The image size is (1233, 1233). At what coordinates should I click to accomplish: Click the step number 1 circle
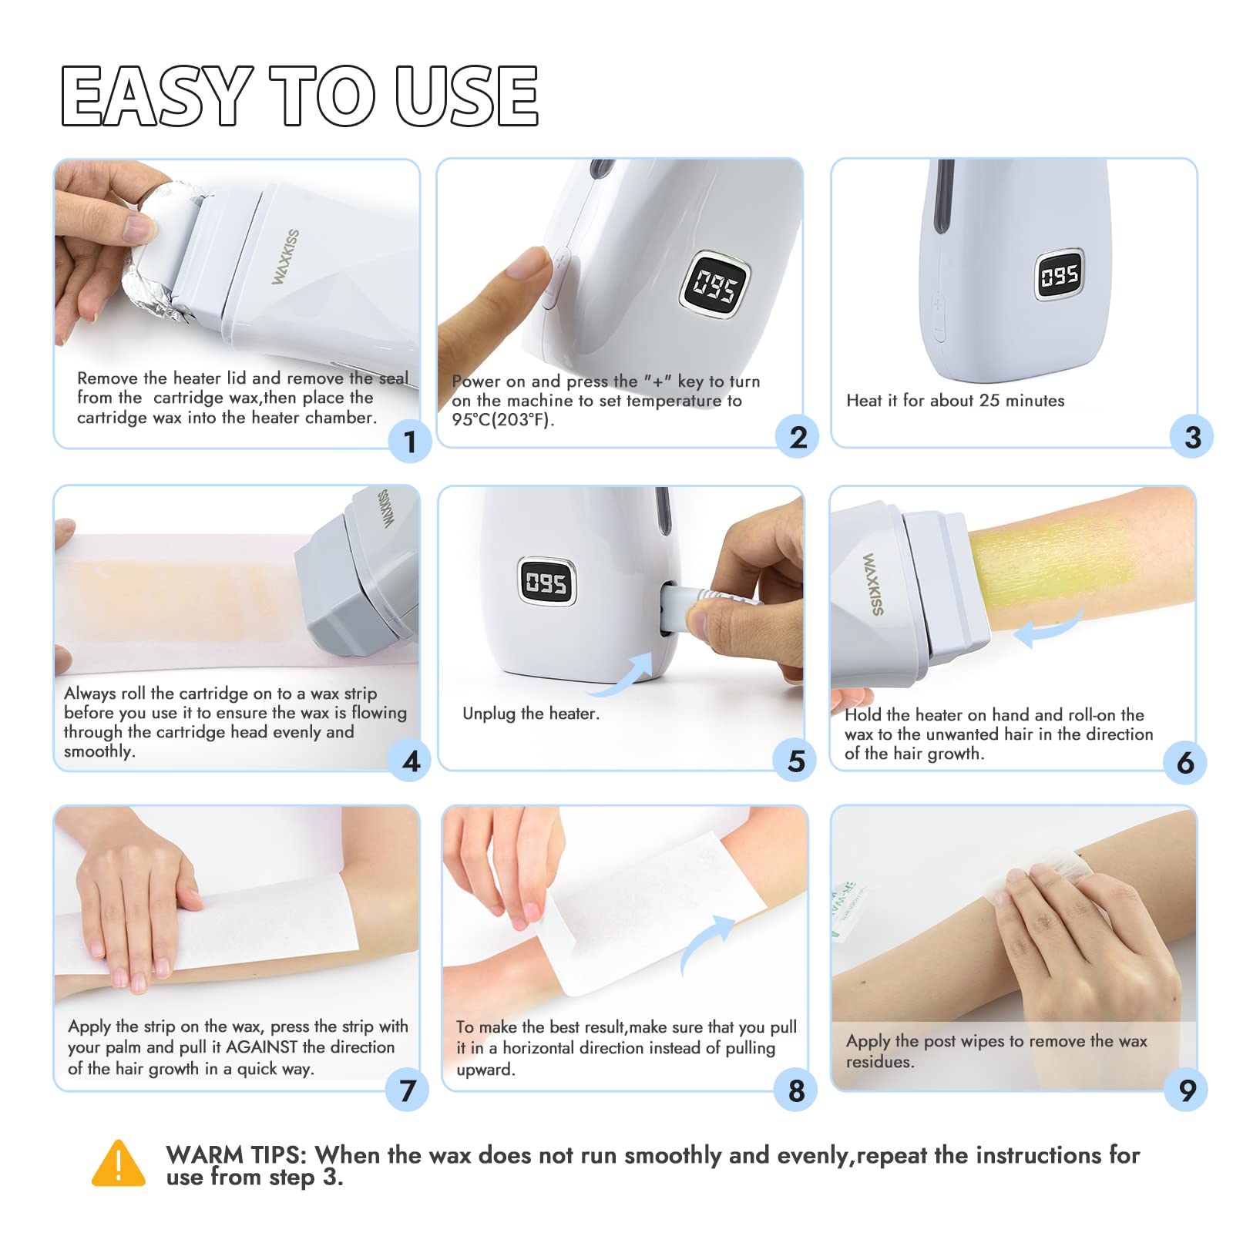click(x=410, y=442)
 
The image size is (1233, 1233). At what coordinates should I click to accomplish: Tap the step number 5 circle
click(x=795, y=761)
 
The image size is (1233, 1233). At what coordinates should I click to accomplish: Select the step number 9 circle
click(x=1187, y=1090)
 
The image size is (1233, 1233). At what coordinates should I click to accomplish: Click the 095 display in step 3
click(x=1059, y=274)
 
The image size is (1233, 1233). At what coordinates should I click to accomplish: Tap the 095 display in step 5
click(x=546, y=582)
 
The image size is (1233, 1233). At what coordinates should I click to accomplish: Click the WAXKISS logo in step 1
click(x=286, y=257)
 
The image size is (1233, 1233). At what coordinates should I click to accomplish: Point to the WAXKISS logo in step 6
click(x=873, y=583)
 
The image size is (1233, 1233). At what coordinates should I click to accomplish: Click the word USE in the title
click(x=467, y=95)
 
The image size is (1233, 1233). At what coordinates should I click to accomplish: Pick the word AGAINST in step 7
click(x=261, y=1047)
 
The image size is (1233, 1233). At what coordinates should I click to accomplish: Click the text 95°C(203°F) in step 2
click(x=503, y=420)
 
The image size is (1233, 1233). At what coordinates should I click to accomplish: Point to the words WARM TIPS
click(x=237, y=1154)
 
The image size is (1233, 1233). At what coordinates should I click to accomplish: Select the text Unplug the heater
click(x=531, y=714)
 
